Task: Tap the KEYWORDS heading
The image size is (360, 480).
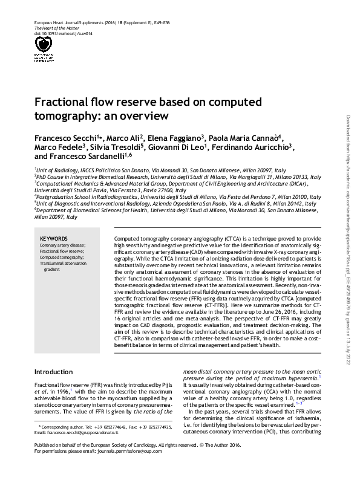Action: [x=54, y=238]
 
